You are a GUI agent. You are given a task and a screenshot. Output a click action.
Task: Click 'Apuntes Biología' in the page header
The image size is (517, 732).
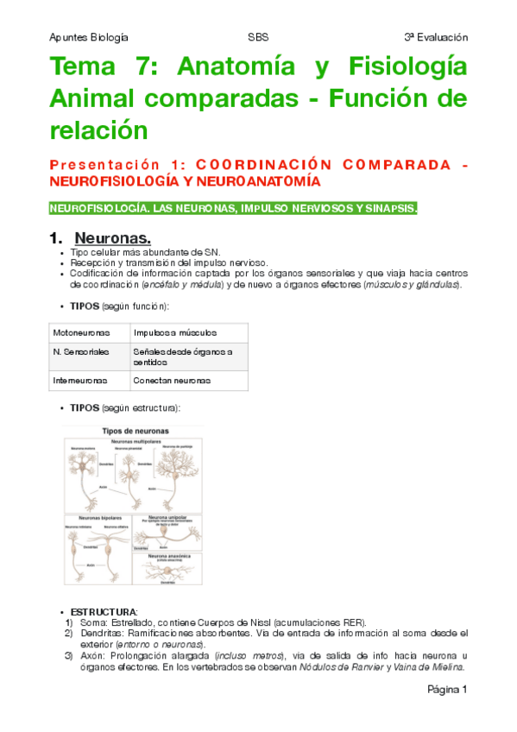89,37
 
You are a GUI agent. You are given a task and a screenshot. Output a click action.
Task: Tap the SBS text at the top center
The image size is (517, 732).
258,37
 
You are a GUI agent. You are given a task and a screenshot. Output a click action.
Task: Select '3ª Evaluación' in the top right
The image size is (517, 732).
435,37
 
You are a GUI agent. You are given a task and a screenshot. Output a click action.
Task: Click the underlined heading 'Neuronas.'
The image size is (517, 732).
112,237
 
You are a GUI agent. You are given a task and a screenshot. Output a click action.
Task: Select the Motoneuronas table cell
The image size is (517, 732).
76,332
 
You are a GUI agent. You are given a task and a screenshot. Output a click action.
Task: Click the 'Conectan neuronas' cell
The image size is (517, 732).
172,380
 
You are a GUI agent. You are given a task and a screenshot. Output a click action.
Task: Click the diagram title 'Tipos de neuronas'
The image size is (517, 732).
136,430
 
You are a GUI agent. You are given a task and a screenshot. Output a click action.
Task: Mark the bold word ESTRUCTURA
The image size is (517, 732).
100,611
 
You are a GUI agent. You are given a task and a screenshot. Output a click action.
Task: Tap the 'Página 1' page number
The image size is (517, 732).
446,691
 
